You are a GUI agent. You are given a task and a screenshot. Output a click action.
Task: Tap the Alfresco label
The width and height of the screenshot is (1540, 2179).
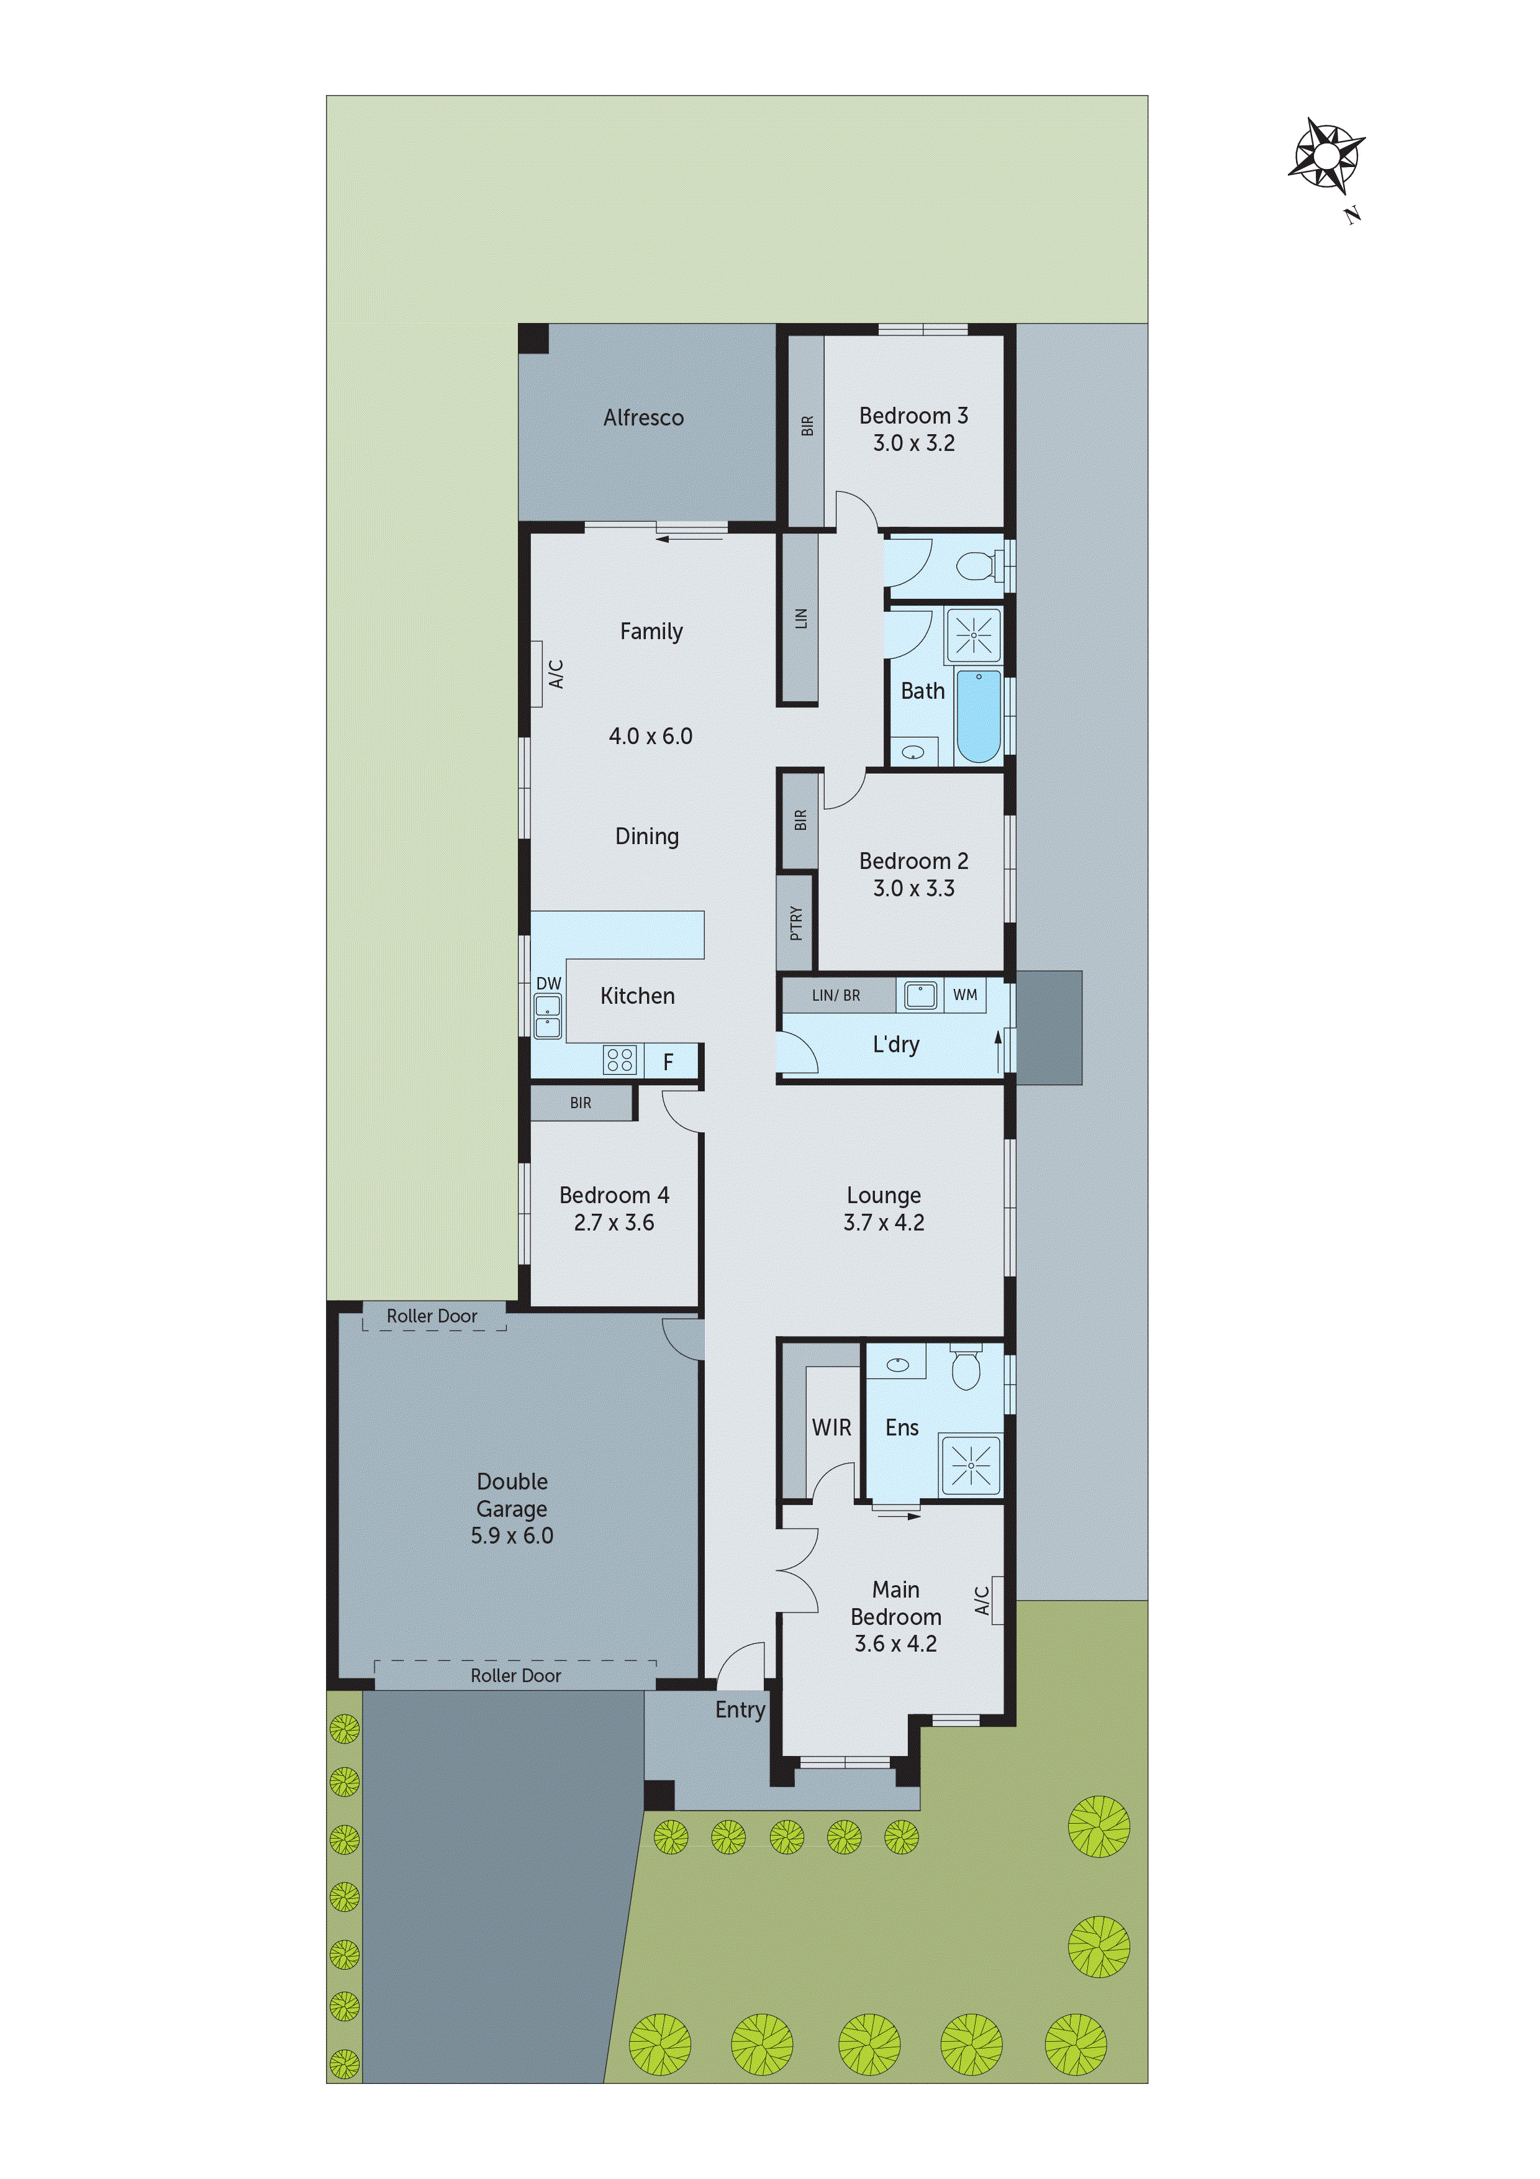[643, 417]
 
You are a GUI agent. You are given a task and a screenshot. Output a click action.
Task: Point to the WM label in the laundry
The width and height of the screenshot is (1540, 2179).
[965, 994]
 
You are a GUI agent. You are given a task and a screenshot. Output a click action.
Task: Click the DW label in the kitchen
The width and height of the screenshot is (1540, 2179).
[548, 983]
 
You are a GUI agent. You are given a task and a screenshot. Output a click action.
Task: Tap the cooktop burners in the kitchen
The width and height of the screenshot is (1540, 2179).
[620, 1059]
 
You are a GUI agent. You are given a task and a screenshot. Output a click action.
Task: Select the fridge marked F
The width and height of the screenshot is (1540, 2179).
[668, 1062]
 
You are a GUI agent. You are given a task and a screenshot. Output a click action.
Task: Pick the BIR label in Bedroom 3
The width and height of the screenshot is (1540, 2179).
[807, 426]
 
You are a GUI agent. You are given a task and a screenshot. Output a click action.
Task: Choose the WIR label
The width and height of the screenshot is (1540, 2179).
[831, 1427]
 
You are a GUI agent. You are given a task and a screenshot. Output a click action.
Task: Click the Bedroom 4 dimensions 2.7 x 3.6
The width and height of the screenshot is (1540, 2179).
[614, 1222]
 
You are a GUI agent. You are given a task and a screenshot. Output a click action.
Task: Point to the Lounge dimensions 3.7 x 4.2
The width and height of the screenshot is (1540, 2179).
[884, 1222]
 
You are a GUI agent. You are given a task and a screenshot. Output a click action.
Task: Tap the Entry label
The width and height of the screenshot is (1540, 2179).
[740, 1709]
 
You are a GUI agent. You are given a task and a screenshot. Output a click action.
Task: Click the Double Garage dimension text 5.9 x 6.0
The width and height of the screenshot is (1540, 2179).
[512, 1535]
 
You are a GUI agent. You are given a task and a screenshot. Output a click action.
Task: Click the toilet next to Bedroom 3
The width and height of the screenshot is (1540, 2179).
[974, 566]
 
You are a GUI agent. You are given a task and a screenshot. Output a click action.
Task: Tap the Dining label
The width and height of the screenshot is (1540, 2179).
[647, 836]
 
